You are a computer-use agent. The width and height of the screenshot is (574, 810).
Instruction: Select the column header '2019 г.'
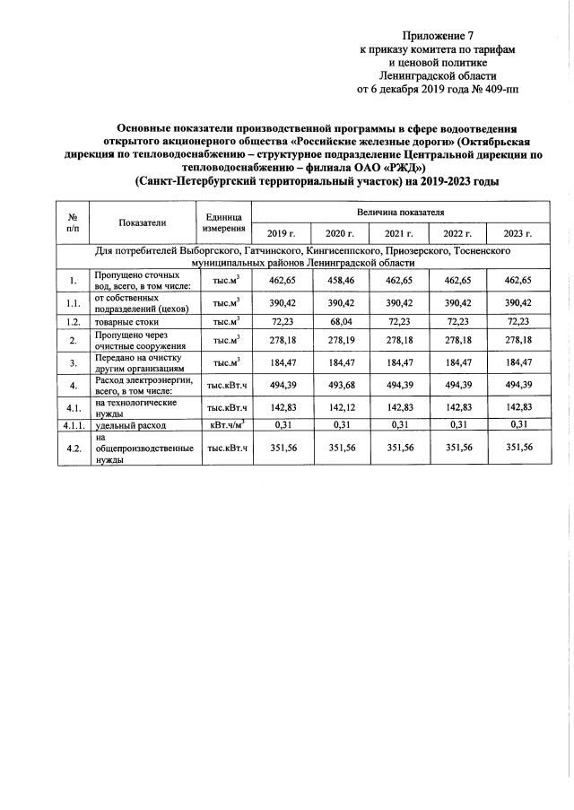(281, 233)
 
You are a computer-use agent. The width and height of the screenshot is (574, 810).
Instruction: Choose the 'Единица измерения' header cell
(224, 223)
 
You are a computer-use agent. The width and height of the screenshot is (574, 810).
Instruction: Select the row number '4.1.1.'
(71, 423)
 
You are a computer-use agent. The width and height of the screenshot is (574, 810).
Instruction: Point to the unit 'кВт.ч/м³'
(224, 423)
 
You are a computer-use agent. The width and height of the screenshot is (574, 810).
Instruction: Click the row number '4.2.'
(71, 447)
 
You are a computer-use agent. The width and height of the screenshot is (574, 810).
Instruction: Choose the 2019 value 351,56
(281, 447)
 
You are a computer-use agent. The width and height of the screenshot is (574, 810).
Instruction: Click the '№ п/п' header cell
(71, 223)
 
